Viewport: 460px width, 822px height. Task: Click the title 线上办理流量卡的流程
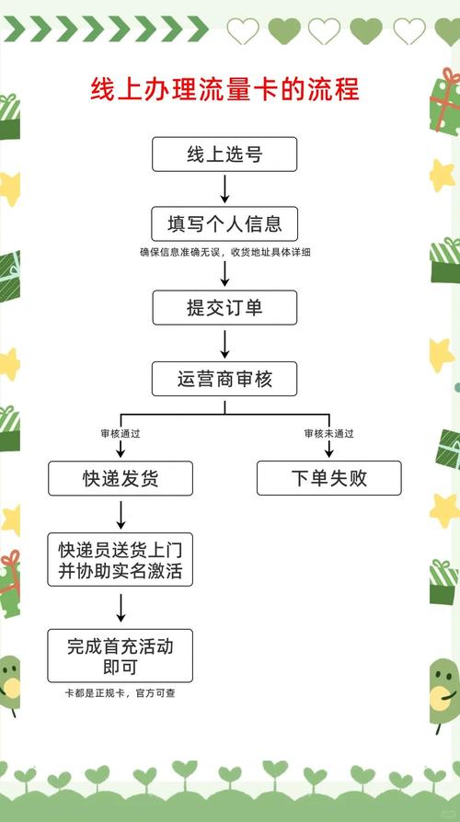[x=224, y=90]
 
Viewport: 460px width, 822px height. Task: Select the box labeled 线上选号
[x=224, y=154]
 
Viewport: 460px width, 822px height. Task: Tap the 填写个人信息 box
[x=224, y=223]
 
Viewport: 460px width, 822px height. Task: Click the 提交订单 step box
[x=224, y=307]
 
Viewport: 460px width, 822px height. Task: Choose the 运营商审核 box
[x=224, y=378]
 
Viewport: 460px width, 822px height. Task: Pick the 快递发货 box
[x=121, y=478]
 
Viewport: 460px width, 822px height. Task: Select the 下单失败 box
[x=328, y=478]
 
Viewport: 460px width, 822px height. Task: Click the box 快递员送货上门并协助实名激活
[x=121, y=561]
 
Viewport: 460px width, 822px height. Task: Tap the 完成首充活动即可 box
[x=121, y=656]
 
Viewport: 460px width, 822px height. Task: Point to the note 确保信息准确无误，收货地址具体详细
[x=224, y=253]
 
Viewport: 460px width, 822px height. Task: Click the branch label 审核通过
[x=121, y=433]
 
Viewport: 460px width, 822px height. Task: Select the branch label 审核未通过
[x=328, y=433]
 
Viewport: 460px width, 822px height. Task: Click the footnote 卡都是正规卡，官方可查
[x=121, y=692]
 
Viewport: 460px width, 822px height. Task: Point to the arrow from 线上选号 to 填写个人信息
[x=224, y=188]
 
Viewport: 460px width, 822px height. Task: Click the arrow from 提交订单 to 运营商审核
[x=224, y=342]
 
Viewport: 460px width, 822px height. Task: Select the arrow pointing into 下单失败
[x=328, y=449]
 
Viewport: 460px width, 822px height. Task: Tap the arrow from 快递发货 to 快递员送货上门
[x=121, y=514]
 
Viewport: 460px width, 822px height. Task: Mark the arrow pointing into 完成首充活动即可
[x=121, y=607]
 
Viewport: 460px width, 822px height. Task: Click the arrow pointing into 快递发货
[x=121, y=449]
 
